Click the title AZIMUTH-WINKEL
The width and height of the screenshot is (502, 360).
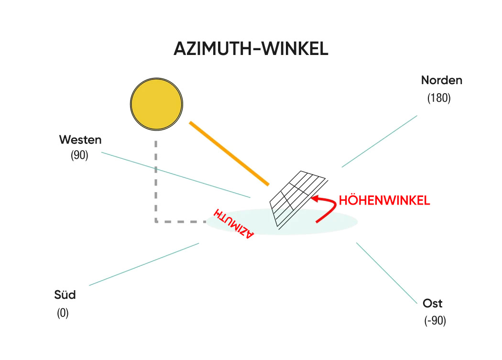(251, 49)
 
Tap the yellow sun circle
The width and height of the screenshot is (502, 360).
(157, 103)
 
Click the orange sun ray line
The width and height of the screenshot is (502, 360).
(229, 153)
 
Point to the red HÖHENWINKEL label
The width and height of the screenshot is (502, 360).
(384, 201)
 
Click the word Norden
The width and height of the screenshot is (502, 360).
(442, 80)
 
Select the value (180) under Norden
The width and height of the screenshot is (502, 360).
(439, 98)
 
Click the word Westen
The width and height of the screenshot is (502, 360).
(80, 140)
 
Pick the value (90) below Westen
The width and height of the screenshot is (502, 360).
(79, 155)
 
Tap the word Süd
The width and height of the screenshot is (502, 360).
(65, 295)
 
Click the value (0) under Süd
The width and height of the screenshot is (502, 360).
(63, 314)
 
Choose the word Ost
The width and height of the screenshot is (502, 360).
(433, 304)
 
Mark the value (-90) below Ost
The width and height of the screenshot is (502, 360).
(435, 321)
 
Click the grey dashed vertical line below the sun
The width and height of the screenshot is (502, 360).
(156, 182)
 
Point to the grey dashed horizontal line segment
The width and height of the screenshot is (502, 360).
(182, 221)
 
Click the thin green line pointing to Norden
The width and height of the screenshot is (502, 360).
(379, 141)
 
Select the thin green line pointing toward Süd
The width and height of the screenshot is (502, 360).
(143, 264)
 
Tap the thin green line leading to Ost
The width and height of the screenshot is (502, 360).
(387, 273)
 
